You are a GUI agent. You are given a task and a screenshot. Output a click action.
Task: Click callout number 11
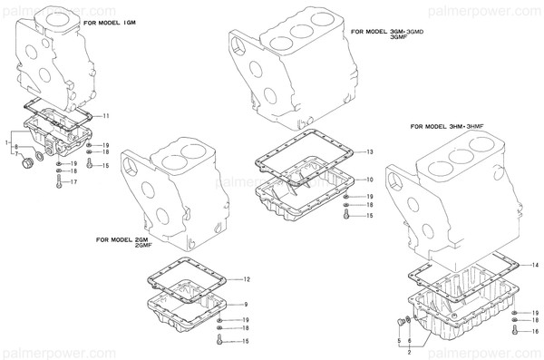click(x=106, y=116)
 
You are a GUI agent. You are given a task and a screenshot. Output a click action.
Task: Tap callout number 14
click(x=535, y=264)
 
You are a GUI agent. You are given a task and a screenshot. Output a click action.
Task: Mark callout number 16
click(x=536, y=332)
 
